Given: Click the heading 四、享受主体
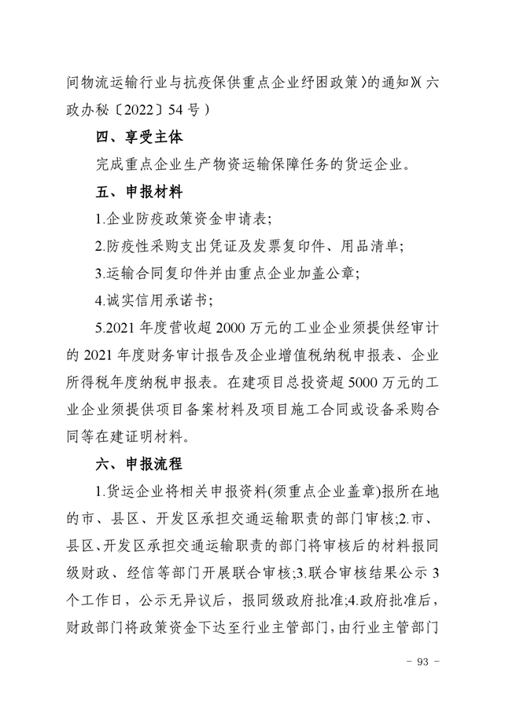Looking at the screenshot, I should [139, 137].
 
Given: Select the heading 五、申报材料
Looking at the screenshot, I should [139, 191].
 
